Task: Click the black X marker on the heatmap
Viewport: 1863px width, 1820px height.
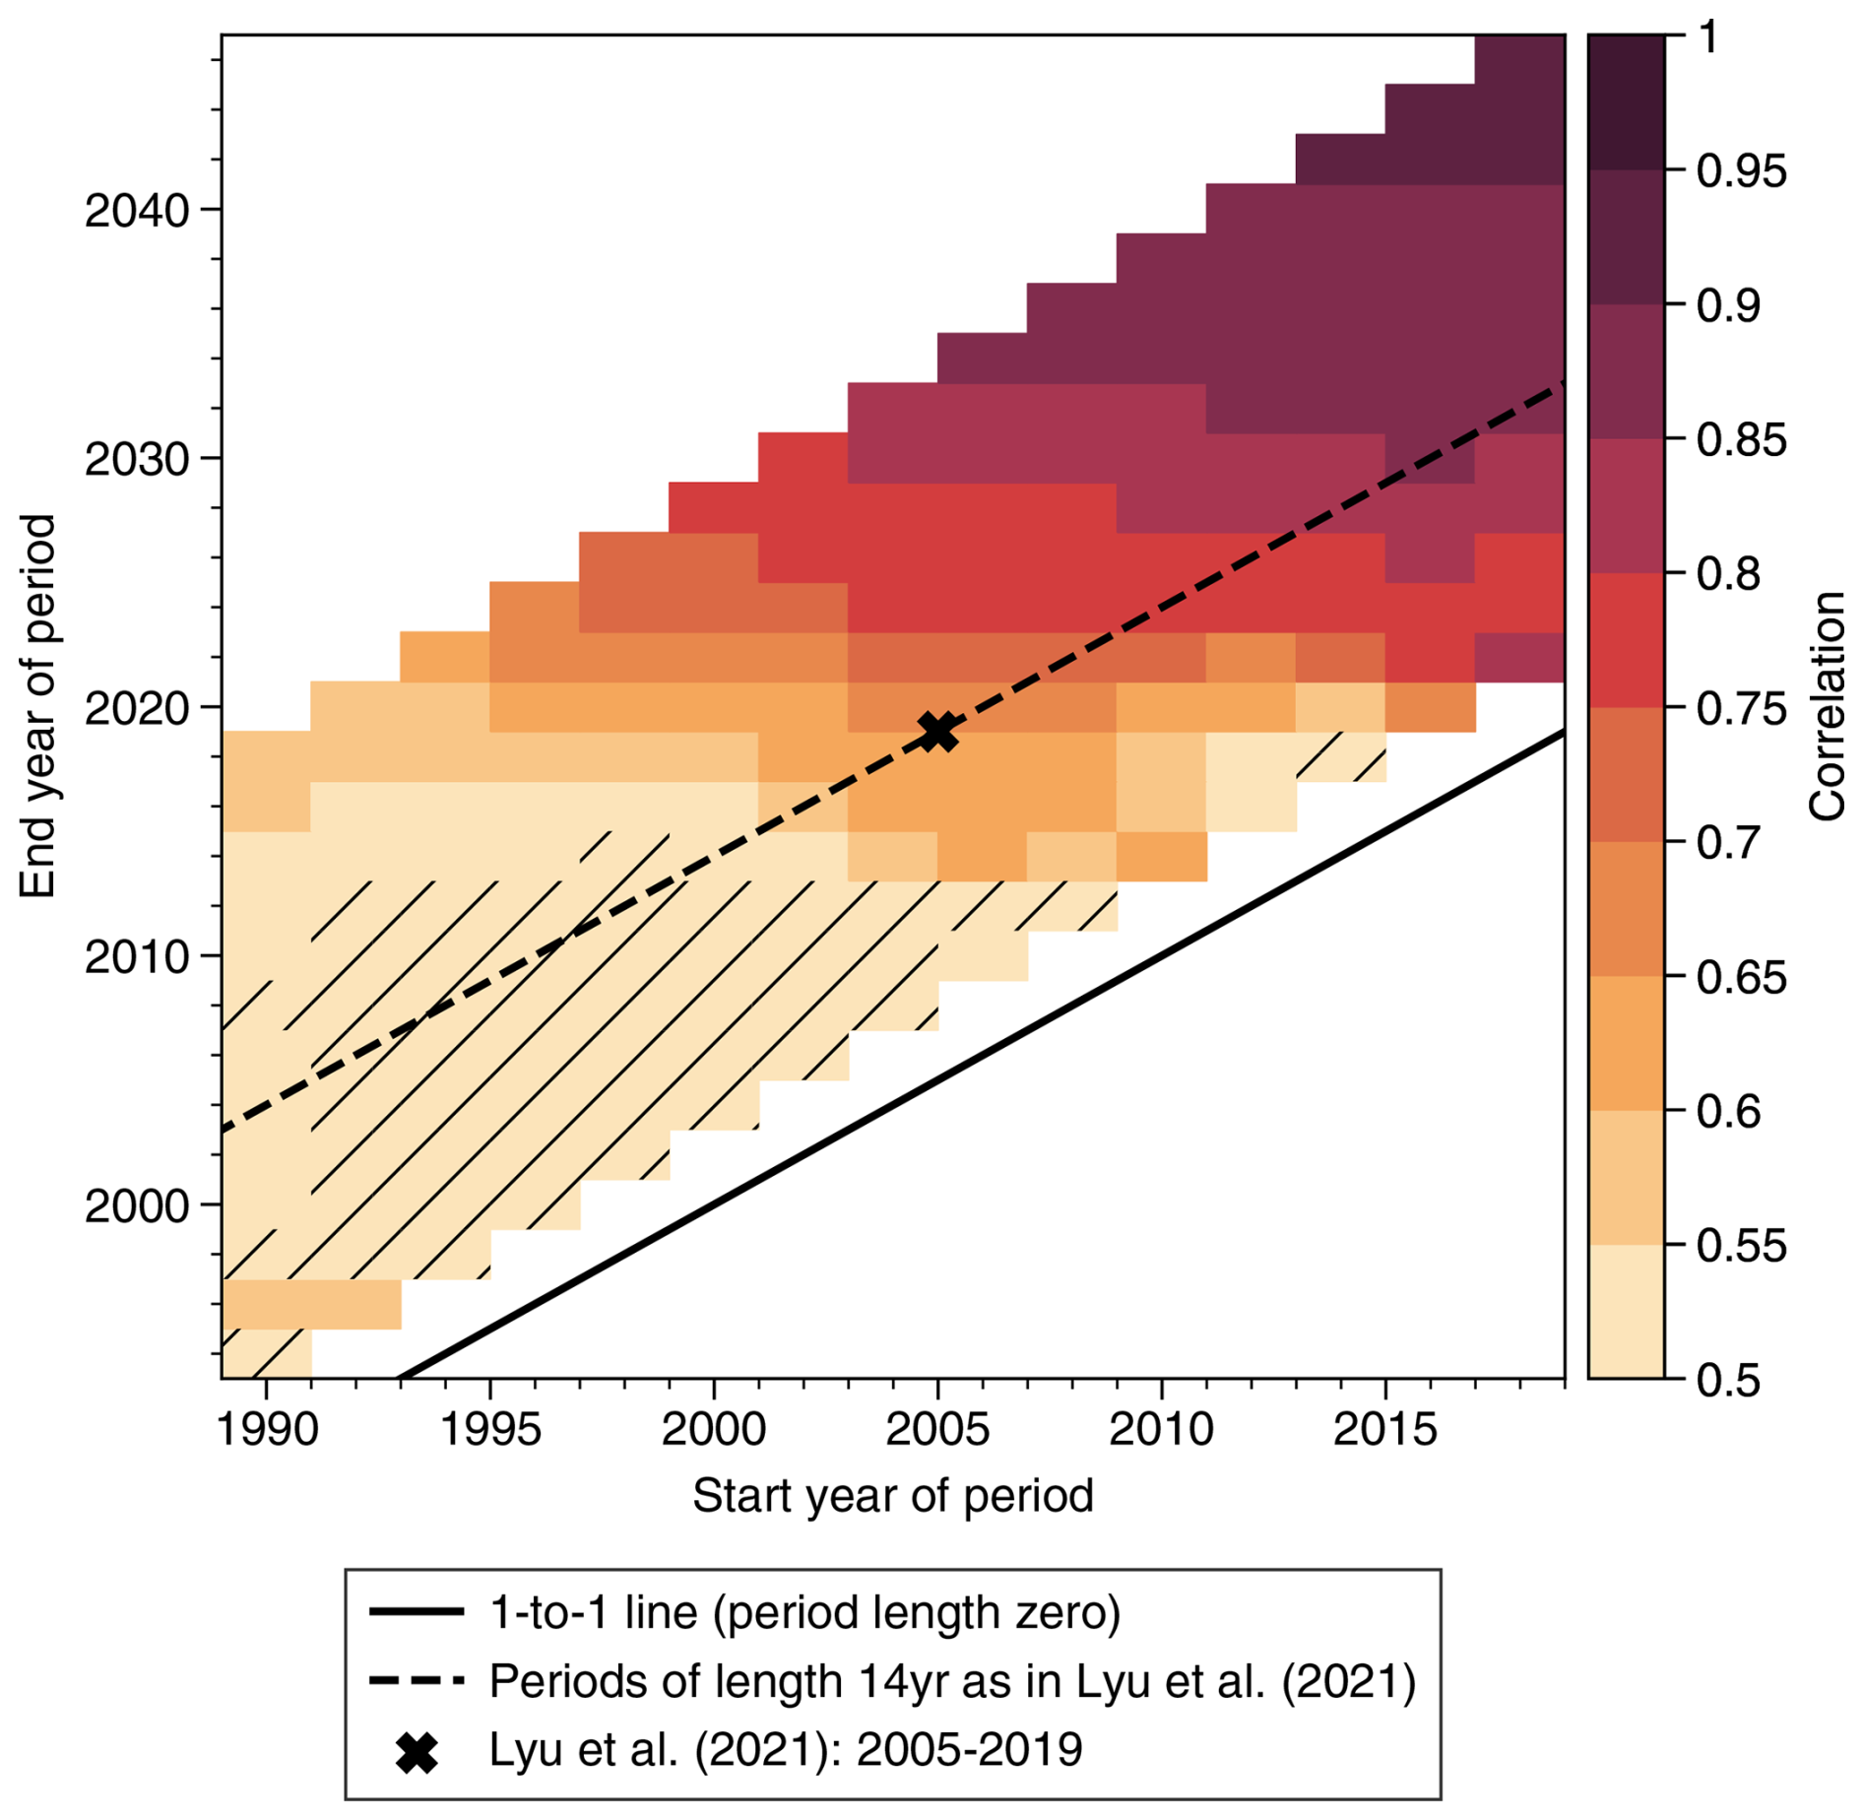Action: point(937,732)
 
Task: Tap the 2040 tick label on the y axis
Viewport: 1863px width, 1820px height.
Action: point(137,211)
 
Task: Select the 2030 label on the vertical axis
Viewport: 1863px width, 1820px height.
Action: point(137,460)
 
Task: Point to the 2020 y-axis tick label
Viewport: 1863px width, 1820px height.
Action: point(137,709)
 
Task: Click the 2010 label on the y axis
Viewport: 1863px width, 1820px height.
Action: point(137,957)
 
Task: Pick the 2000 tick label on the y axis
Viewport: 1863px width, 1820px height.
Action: point(137,1205)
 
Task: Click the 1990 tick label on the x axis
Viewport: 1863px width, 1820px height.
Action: point(267,1429)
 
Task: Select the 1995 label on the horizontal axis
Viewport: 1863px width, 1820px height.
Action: point(490,1429)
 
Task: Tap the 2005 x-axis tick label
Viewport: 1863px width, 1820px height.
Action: point(937,1429)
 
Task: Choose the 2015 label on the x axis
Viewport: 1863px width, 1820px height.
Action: point(1385,1429)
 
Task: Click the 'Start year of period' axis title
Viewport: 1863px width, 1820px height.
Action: point(893,1496)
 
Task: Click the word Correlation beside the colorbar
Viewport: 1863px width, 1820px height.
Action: point(1828,706)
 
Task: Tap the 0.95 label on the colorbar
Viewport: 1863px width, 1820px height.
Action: point(1741,171)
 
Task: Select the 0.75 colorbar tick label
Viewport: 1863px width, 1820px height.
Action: point(1741,709)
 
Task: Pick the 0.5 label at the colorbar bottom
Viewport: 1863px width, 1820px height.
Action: point(1728,1381)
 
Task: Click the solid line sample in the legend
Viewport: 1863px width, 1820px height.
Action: point(417,1612)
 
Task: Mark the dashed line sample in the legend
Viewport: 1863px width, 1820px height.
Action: point(417,1681)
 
